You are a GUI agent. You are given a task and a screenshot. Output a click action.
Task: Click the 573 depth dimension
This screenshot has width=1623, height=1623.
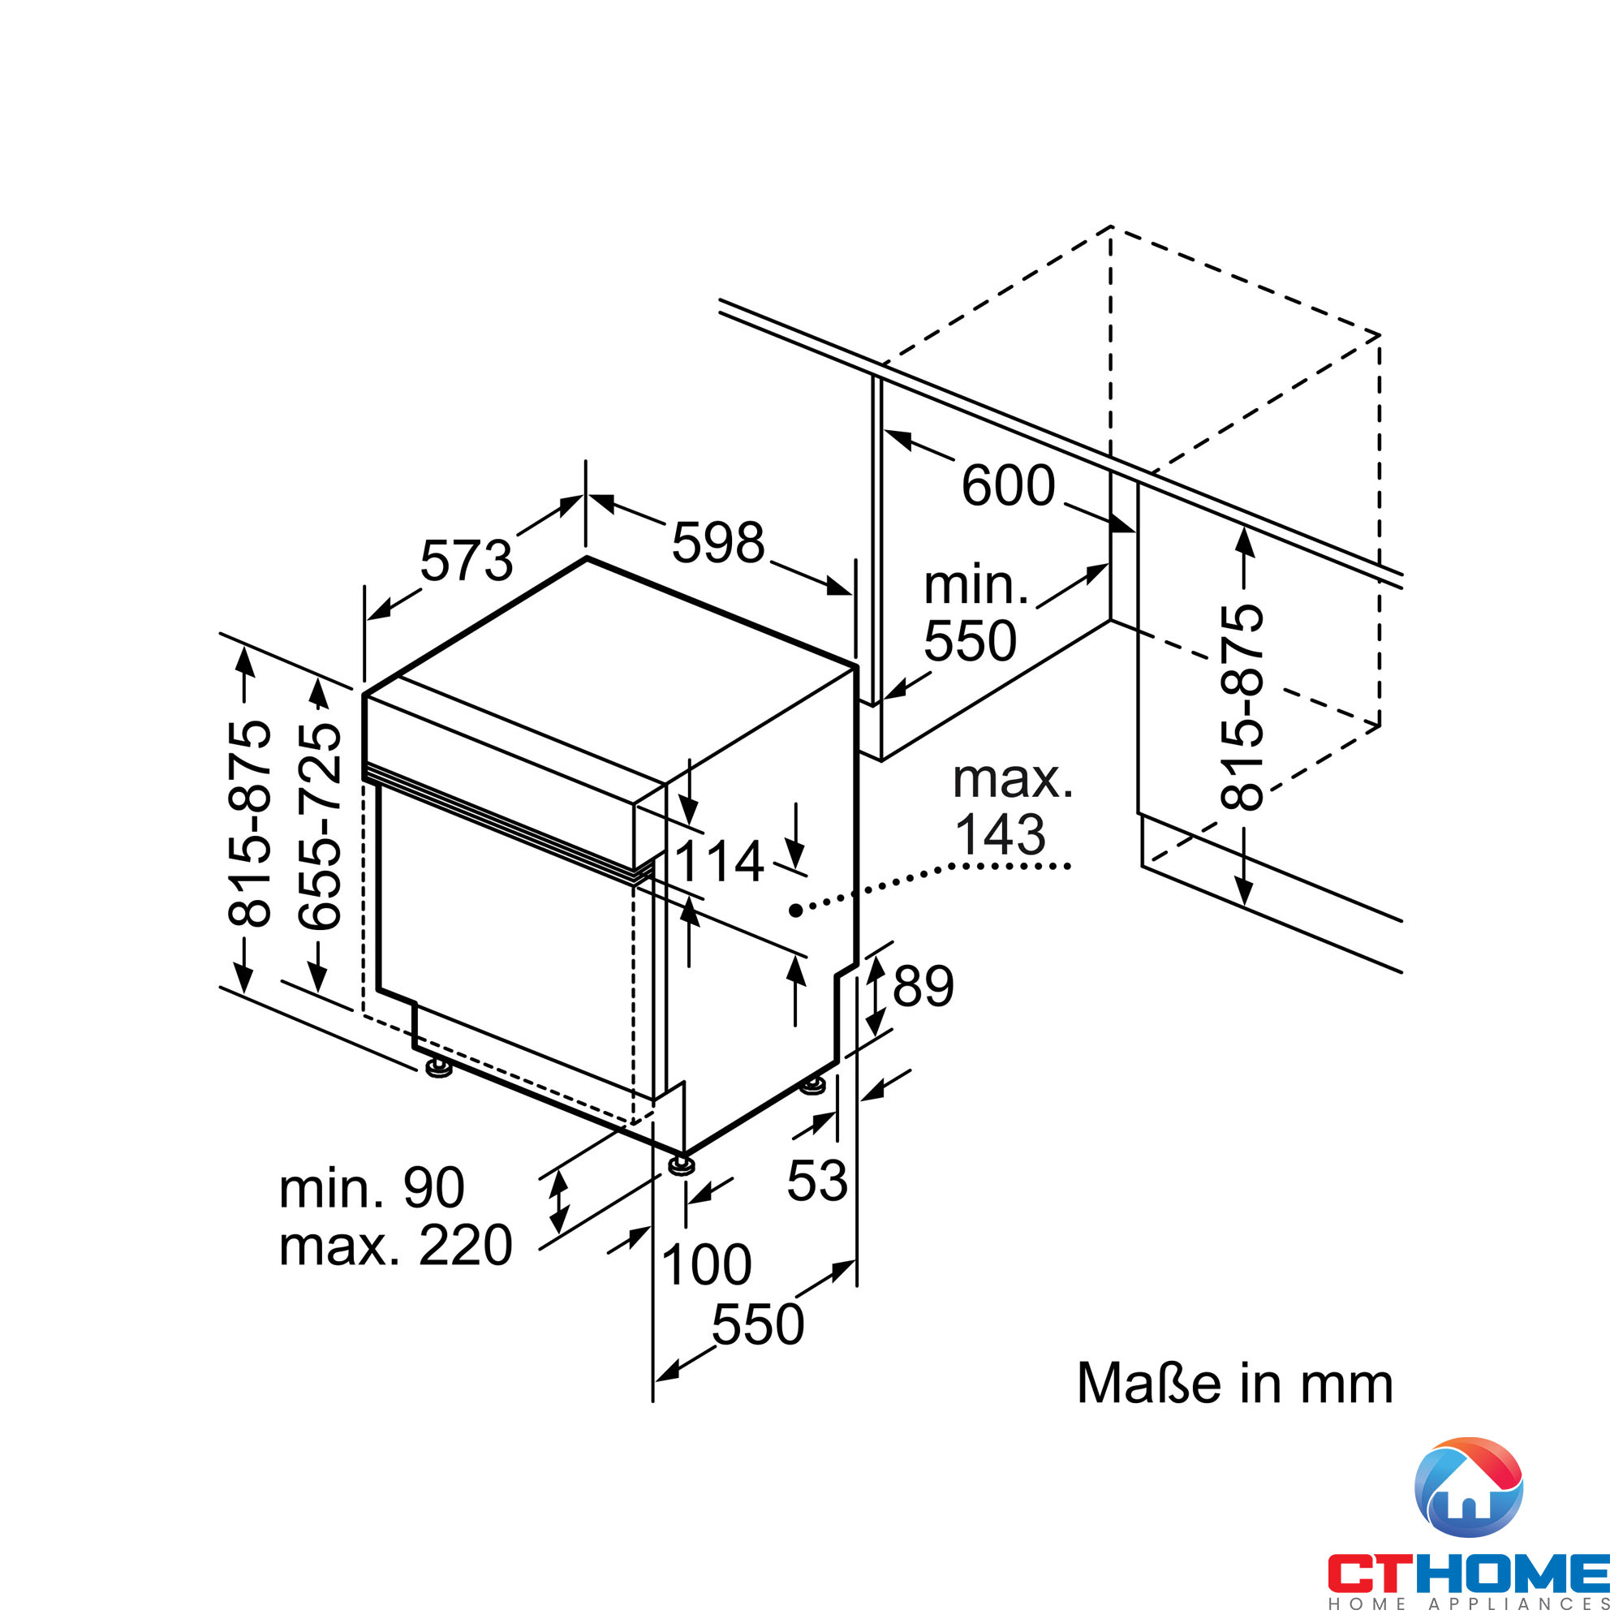click(467, 562)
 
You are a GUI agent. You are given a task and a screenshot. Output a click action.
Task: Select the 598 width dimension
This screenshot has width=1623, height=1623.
click(718, 543)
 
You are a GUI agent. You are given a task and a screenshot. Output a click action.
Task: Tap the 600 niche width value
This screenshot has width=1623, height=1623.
click(1007, 485)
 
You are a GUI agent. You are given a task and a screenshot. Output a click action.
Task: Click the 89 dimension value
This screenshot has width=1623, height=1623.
click(923, 986)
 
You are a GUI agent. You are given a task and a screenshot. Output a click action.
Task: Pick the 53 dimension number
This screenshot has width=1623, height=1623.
click(816, 1180)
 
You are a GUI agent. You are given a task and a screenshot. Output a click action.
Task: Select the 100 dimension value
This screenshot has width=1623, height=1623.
click(707, 1264)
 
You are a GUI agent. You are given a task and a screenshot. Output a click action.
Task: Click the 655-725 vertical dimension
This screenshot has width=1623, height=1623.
click(320, 827)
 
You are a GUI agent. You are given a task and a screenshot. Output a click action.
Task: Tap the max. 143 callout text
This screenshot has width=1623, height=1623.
click(1012, 807)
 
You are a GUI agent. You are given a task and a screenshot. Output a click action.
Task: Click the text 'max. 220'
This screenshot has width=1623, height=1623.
click(396, 1245)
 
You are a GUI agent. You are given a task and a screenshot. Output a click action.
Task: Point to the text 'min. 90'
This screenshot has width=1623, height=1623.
click(372, 1188)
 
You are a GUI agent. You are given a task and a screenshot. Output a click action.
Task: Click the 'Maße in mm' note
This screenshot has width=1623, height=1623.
click(1235, 1384)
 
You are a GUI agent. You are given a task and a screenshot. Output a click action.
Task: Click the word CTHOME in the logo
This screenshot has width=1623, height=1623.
click(1467, 1573)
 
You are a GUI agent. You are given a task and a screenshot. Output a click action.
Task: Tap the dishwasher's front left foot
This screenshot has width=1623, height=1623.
click(437, 1068)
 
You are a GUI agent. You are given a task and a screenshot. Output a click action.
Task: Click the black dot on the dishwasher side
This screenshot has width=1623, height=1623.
click(794, 910)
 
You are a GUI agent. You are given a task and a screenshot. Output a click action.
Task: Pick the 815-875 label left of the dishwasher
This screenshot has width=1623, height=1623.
click(249, 823)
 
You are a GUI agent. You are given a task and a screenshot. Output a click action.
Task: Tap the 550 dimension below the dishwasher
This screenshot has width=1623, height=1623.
click(758, 1325)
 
